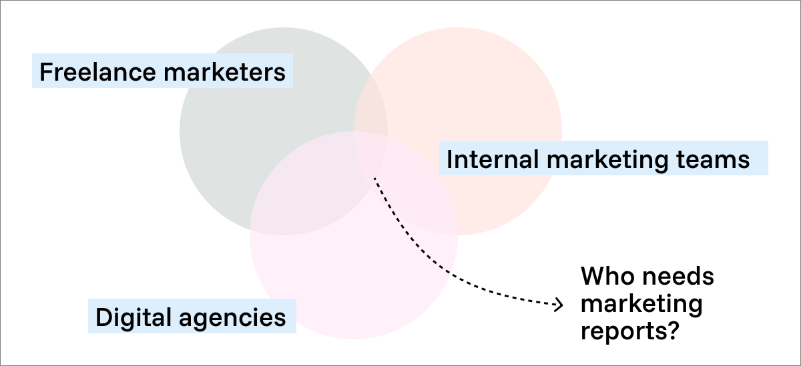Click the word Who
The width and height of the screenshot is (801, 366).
[x=605, y=276]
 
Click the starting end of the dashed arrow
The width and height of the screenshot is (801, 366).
[x=374, y=178]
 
